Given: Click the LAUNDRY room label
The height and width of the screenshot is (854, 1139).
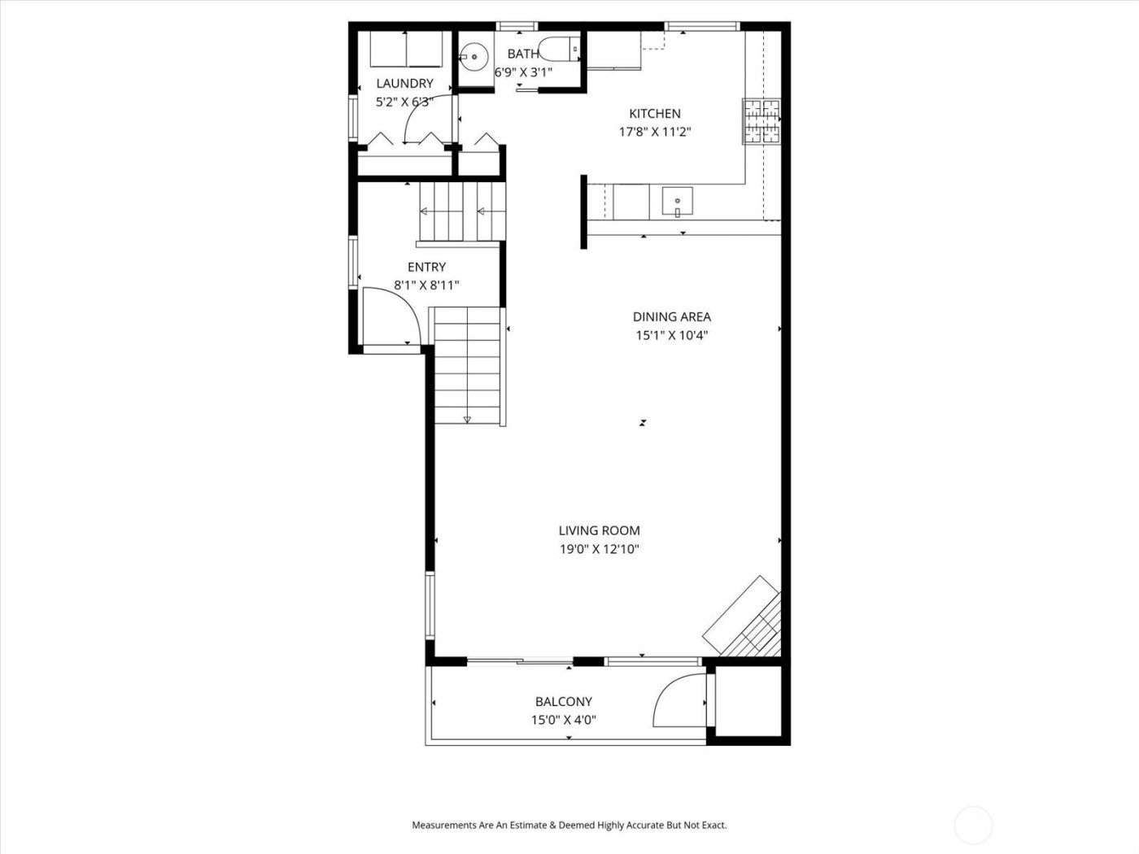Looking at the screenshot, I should [404, 83].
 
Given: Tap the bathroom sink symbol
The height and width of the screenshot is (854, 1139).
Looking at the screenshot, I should [472, 56].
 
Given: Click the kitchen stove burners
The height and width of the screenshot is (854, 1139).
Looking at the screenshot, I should [762, 121].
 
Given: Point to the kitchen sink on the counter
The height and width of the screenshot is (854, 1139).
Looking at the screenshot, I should [677, 200].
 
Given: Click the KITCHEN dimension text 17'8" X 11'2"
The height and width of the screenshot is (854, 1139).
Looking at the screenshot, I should [655, 132].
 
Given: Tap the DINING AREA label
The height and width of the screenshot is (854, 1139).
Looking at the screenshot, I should [671, 316].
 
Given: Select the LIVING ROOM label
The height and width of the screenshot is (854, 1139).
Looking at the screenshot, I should [599, 530].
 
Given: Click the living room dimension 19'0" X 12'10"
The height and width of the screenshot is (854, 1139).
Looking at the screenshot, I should [599, 549].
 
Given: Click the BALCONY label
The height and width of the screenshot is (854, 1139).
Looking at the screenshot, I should [563, 701].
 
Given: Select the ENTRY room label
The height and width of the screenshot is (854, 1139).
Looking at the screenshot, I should [426, 267].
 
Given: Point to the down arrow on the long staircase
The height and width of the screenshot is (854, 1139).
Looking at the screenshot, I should [467, 419].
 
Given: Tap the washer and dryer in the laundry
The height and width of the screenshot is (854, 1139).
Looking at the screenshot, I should [406, 50].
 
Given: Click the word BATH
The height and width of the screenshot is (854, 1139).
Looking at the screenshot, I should [522, 54].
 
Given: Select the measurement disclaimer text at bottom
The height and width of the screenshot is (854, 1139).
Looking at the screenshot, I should [569, 825].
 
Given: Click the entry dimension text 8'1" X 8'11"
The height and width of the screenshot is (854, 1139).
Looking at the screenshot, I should [426, 285].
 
